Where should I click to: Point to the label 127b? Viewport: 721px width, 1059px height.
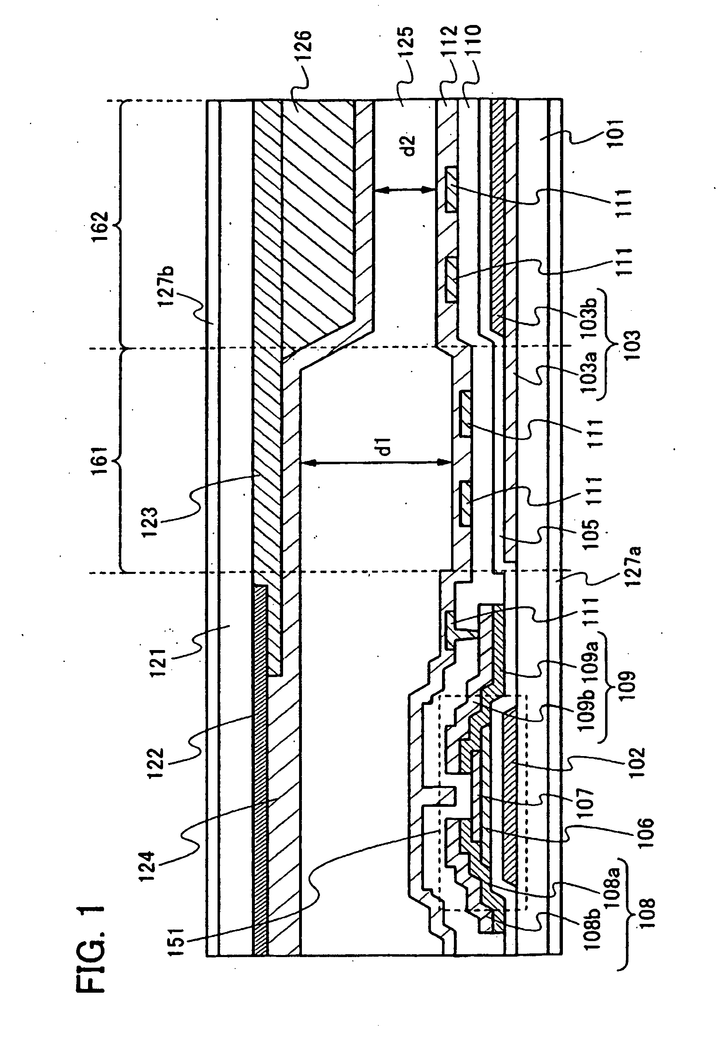tap(167, 287)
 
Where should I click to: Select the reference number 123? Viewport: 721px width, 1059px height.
tap(149, 523)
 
